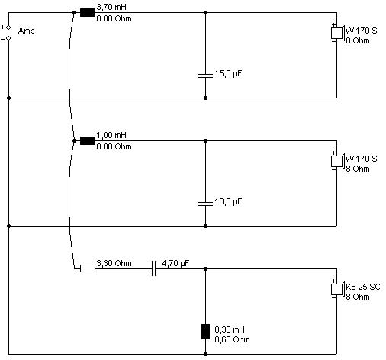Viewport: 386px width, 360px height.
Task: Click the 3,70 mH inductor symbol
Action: [88, 12]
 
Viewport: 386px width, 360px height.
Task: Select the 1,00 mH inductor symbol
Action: [88, 140]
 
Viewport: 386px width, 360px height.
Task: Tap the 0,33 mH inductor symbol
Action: [205, 332]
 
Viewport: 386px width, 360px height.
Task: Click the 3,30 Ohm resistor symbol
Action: [88, 268]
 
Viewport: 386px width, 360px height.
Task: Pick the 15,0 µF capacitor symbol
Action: [205, 76]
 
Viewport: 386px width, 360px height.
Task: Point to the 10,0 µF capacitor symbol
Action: [205, 204]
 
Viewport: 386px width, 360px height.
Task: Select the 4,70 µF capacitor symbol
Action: [153, 268]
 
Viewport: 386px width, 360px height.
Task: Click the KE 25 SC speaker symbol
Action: [338, 289]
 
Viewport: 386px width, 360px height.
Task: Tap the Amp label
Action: [27, 31]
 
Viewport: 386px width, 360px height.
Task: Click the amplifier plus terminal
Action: [8, 27]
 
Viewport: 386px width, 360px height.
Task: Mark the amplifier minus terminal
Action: [8, 38]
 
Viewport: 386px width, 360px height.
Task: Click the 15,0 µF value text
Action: [228, 74]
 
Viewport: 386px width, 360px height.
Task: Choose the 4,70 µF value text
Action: [175, 263]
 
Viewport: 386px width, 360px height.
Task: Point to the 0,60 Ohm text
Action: [232, 339]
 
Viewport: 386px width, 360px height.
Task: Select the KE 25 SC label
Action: [363, 287]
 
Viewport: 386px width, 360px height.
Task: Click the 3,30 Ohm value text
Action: [114, 263]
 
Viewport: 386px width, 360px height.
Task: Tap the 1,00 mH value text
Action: [111, 135]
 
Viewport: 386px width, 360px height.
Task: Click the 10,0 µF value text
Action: [228, 202]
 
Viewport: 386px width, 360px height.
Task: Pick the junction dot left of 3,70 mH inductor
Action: [74, 12]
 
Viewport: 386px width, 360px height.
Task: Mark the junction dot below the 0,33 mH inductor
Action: [205, 354]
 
